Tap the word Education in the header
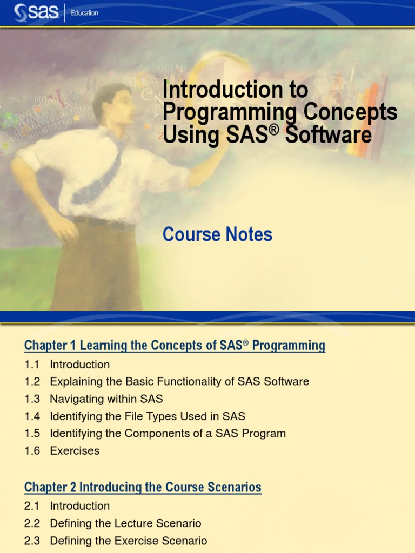[x=85, y=13]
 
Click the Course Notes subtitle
[x=217, y=234]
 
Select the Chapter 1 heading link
[x=175, y=346]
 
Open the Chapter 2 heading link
[x=143, y=487]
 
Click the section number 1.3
[x=32, y=399]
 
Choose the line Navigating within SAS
[x=106, y=399]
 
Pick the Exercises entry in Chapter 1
[x=75, y=451]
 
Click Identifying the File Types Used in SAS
[x=147, y=416]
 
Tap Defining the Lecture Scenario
[x=125, y=523]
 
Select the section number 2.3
[x=32, y=541]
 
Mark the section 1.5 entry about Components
[x=168, y=434]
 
